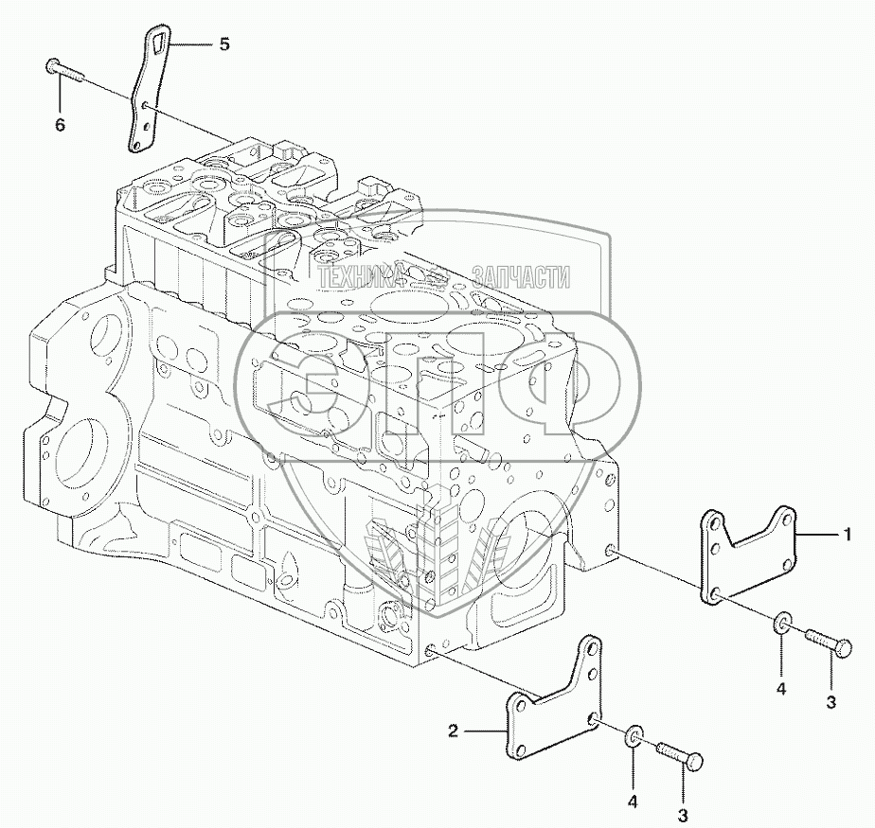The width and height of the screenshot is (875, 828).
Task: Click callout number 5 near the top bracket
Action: coord(223,44)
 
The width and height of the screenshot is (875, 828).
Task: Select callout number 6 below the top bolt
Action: coord(60,124)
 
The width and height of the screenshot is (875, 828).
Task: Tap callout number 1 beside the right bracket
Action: coord(848,536)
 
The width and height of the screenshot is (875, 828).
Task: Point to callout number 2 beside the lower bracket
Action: coord(453,731)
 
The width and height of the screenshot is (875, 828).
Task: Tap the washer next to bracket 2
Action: coord(634,736)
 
